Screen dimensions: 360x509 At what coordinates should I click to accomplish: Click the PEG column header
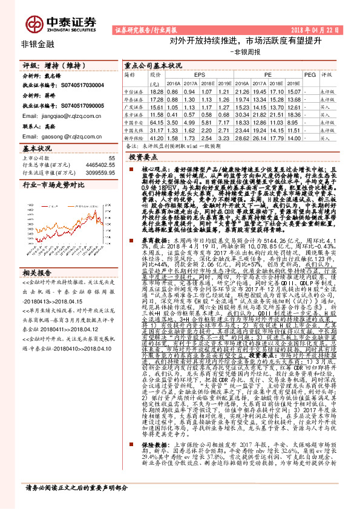click(x=310, y=74)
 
